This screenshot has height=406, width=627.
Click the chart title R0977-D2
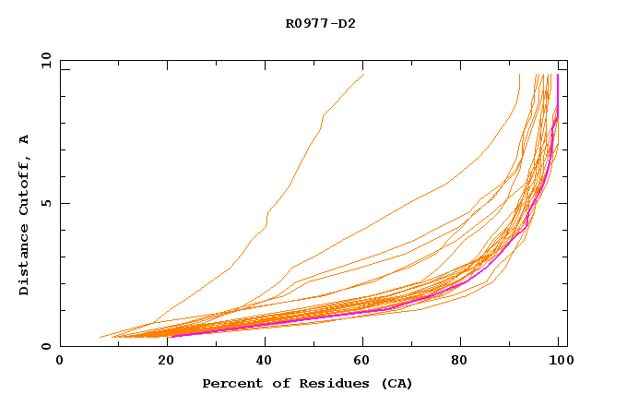click(x=320, y=24)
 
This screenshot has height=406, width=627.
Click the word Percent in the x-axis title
click(x=229, y=383)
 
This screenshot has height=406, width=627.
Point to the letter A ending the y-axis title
click(x=24, y=139)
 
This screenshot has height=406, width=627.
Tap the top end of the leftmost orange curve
click(x=364, y=74)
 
